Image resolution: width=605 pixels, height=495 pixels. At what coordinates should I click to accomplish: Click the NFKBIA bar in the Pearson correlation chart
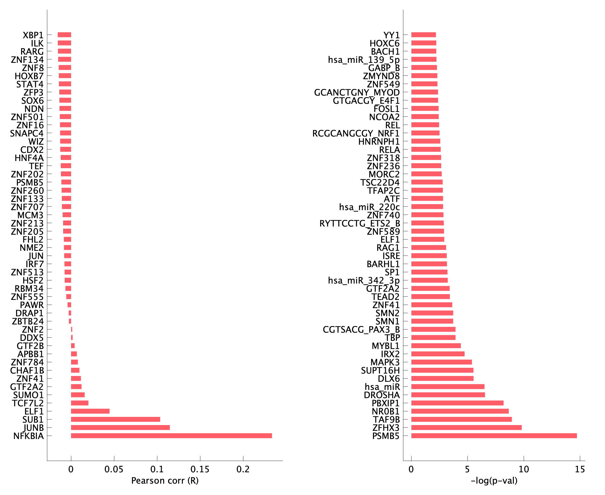(171, 436)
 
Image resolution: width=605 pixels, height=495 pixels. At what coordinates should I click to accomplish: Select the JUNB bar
(120, 427)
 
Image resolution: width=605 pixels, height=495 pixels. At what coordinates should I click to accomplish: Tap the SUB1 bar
(115, 419)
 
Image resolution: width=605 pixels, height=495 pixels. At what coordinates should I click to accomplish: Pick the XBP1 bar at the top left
(64, 35)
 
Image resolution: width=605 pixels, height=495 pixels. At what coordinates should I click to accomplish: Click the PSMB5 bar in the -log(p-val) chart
(494, 436)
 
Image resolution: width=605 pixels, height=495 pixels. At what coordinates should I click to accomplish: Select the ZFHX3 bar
(466, 427)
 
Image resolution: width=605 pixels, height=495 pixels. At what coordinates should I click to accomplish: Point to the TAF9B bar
(461, 419)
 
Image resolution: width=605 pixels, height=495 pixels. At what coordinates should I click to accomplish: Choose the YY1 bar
(423, 35)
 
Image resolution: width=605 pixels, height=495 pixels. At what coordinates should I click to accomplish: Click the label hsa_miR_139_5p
(364, 60)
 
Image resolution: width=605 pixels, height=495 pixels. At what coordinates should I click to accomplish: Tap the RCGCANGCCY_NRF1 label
(356, 133)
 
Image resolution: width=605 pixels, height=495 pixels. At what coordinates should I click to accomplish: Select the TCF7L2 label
(28, 403)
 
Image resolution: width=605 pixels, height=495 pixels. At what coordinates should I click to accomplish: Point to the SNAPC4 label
(27, 133)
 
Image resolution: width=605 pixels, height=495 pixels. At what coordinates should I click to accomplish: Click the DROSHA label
(382, 395)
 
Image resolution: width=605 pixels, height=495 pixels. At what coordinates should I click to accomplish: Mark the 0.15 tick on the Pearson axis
(200, 469)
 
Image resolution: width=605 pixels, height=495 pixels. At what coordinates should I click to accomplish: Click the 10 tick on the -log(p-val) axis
(523, 469)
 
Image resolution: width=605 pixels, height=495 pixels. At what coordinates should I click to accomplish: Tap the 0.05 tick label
(114, 469)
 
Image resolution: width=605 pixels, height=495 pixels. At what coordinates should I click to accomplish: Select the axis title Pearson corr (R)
(165, 481)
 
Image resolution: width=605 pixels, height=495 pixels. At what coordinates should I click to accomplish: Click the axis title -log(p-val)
(494, 481)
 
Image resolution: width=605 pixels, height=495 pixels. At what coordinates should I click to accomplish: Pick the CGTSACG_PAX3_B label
(361, 329)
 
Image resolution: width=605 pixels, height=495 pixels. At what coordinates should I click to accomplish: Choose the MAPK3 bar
(441, 362)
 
